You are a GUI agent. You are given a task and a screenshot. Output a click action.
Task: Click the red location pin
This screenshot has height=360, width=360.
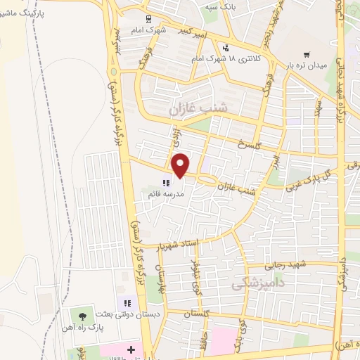point(181,165)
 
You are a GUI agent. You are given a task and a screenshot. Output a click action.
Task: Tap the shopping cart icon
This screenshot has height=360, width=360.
point(306,54)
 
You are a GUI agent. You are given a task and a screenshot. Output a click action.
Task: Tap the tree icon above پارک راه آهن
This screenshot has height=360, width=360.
point(84,316)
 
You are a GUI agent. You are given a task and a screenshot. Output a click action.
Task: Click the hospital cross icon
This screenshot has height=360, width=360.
point(131,349)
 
